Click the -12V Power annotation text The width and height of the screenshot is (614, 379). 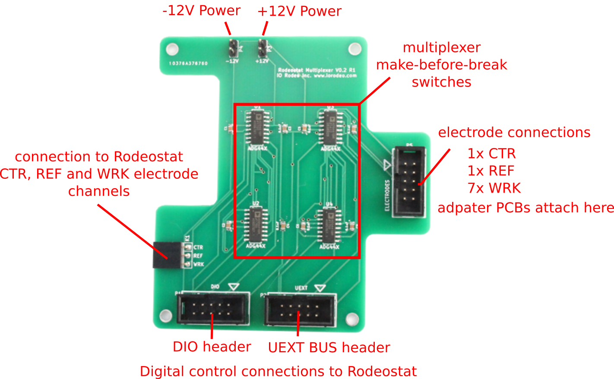point(201,11)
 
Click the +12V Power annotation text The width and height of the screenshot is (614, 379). point(299,11)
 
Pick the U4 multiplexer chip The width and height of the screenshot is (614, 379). point(329,225)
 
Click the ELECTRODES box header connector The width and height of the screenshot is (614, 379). point(408,180)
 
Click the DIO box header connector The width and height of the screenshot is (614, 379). point(213,308)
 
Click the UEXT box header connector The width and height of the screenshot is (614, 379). point(301,309)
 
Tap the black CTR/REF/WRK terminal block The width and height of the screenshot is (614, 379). point(167,255)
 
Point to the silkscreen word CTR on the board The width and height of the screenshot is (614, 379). point(198,247)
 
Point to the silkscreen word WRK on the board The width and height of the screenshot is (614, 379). point(199,264)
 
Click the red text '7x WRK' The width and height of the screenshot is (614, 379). point(494,188)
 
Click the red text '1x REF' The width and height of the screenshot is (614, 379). point(491,171)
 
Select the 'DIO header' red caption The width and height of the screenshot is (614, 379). point(212,347)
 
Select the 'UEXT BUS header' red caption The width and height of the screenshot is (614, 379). point(329,347)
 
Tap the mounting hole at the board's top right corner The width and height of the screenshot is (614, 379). point(355,48)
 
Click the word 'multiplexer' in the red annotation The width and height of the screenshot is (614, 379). point(441,47)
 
